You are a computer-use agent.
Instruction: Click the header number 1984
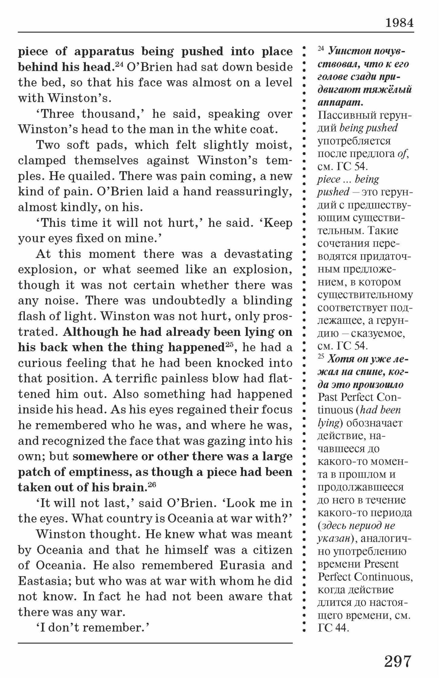(x=399, y=23)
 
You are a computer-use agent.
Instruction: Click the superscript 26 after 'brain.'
(x=151, y=485)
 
